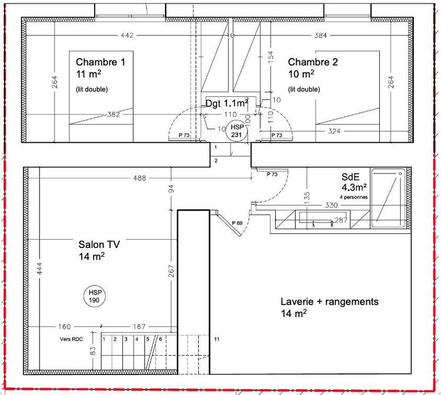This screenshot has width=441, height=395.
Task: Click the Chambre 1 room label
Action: tap(101, 62)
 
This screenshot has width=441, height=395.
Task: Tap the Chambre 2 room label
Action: tap(313, 62)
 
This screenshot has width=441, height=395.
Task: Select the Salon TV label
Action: tap(99, 245)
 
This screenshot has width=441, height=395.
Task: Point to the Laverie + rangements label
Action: tap(329, 302)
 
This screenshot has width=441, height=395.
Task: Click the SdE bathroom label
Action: tap(350, 176)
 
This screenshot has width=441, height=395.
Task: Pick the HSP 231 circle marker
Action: tap(236, 131)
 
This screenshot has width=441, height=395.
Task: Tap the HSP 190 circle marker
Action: tap(94, 297)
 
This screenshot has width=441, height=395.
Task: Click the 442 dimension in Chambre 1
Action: tap(127, 35)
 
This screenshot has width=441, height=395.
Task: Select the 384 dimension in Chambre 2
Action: tap(320, 35)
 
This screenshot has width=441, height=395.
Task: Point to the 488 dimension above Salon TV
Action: tap(140, 178)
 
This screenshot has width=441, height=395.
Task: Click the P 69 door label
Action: tap(237, 223)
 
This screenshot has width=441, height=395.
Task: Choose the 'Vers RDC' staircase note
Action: tap(71, 339)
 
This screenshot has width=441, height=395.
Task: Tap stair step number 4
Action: tap(136, 339)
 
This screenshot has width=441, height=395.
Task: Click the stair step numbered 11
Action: tap(216, 339)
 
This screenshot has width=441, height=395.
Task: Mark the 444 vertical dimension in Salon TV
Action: tap(39, 269)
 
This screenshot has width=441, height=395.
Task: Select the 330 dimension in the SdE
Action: tap(331, 205)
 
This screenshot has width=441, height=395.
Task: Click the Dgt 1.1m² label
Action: tap(227, 103)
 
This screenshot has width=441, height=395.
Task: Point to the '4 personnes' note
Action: tap(353, 197)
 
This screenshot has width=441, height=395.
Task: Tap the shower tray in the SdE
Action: tap(389, 198)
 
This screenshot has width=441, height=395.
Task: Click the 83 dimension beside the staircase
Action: tap(93, 351)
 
